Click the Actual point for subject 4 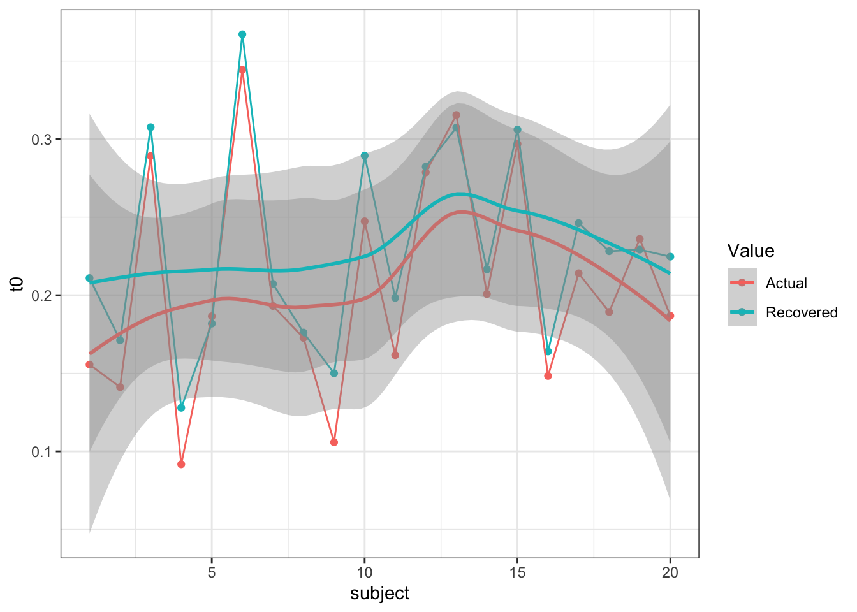pyautogui.click(x=181, y=464)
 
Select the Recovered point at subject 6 pyautogui.click(x=242, y=34)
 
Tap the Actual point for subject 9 pyautogui.click(x=334, y=442)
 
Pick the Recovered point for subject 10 pyautogui.click(x=365, y=156)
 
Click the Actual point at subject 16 pyautogui.click(x=548, y=376)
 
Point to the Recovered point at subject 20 pyautogui.click(x=670, y=256)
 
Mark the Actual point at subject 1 pyautogui.click(x=89, y=365)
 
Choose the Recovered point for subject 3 pyautogui.click(x=150, y=127)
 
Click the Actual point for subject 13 pyautogui.click(x=456, y=115)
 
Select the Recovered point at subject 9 pyautogui.click(x=334, y=373)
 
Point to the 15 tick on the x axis pyautogui.click(x=517, y=572)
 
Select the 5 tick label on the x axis pyautogui.click(x=212, y=572)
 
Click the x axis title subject pyautogui.click(x=379, y=594)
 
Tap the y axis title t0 pyautogui.click(x=17, y=284)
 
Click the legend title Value pyautogui.click(x=751, y=251)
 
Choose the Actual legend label pyautogui.click(x=786, y=283)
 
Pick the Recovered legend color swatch pyautogui.click(x=742, y=312)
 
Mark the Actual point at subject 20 pyautogui.click(x=670, y=316)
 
